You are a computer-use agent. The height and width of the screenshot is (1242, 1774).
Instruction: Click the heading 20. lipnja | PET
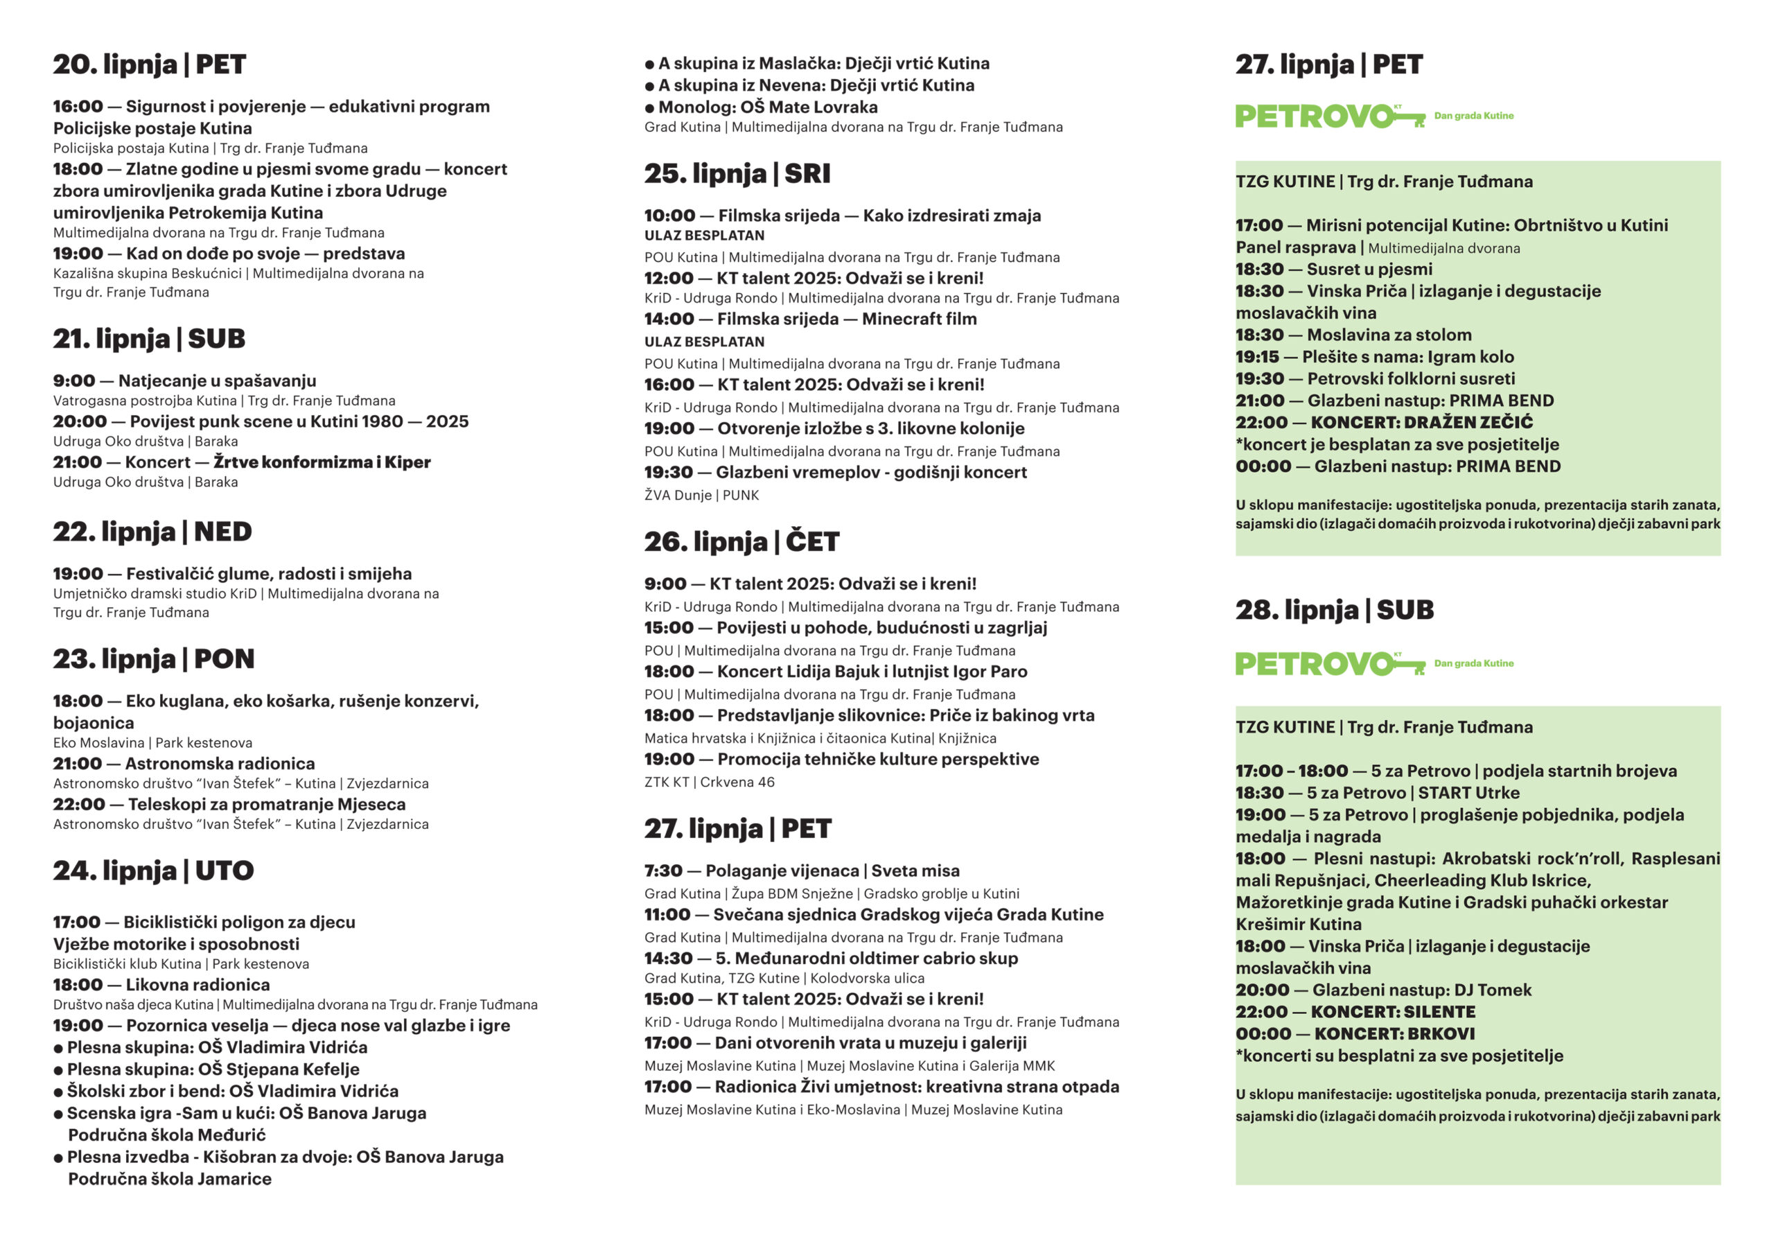click(x=149, y=64)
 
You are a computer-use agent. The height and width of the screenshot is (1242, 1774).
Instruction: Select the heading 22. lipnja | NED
click(x=152, y=532)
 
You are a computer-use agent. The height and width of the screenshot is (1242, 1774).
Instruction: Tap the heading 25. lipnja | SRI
click(x=737, y=174)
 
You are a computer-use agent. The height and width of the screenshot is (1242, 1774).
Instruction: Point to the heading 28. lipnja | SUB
click(x=1335, y=610)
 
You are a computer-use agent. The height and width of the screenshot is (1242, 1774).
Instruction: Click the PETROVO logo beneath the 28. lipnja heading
click(x=1329, y=664)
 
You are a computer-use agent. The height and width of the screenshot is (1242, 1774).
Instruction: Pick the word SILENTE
click(x=1439, y=1012)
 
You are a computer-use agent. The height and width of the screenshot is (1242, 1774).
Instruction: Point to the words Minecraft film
click(x=919, y=320)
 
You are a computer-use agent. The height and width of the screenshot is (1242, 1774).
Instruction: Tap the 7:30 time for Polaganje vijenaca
click(x=663, y=871)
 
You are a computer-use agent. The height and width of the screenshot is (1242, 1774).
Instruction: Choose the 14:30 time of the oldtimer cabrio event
click(x=667, y=959)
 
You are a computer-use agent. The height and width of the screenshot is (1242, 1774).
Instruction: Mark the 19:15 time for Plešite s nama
click(x=1257, y=357)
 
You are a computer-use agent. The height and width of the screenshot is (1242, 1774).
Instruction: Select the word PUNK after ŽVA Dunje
click(x=740, y=496)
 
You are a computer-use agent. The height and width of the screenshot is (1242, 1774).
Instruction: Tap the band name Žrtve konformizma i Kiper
click(x=322, y=462)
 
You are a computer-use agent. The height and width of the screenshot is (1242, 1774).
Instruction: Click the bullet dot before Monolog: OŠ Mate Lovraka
click(x=649, y=108)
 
